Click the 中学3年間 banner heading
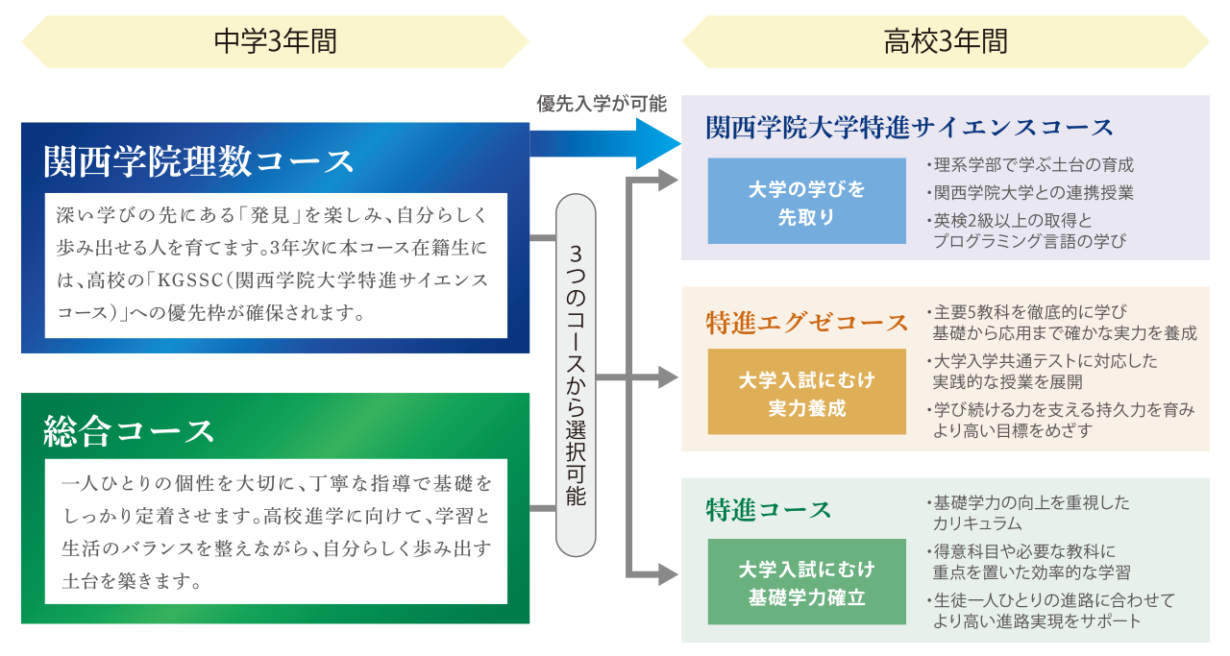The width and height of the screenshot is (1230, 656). pos(275,41)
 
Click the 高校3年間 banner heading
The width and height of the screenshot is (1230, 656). pos(946,41)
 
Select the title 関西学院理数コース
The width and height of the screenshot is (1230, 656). pos(199,161)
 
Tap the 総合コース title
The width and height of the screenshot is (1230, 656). pos(129,431)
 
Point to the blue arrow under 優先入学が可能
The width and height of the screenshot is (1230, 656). pos(605,144)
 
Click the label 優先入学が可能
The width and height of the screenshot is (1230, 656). pos(602,103)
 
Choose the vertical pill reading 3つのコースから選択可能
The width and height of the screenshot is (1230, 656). pos(576,375)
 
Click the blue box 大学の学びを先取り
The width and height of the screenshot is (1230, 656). pos(806,201)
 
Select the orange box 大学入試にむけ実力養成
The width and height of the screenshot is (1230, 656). pos(806,392)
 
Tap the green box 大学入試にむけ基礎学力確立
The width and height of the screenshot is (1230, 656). pos(806,581)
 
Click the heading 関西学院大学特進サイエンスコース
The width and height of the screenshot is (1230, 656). pos(909,128)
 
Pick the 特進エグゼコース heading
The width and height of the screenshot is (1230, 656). pos(806,322)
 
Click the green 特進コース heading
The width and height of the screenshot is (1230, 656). pos(768,510)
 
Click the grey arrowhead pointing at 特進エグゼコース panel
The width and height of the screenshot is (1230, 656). pos(669,377)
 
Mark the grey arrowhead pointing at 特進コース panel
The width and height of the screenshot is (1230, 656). pos(669,574)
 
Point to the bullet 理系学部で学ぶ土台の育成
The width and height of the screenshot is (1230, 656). pos(1030,164)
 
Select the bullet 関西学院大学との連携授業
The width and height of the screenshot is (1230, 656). pos(1030,193)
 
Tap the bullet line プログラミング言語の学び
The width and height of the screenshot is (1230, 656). pos(1029,241)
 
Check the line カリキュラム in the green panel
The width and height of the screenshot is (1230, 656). pos(977,523)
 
